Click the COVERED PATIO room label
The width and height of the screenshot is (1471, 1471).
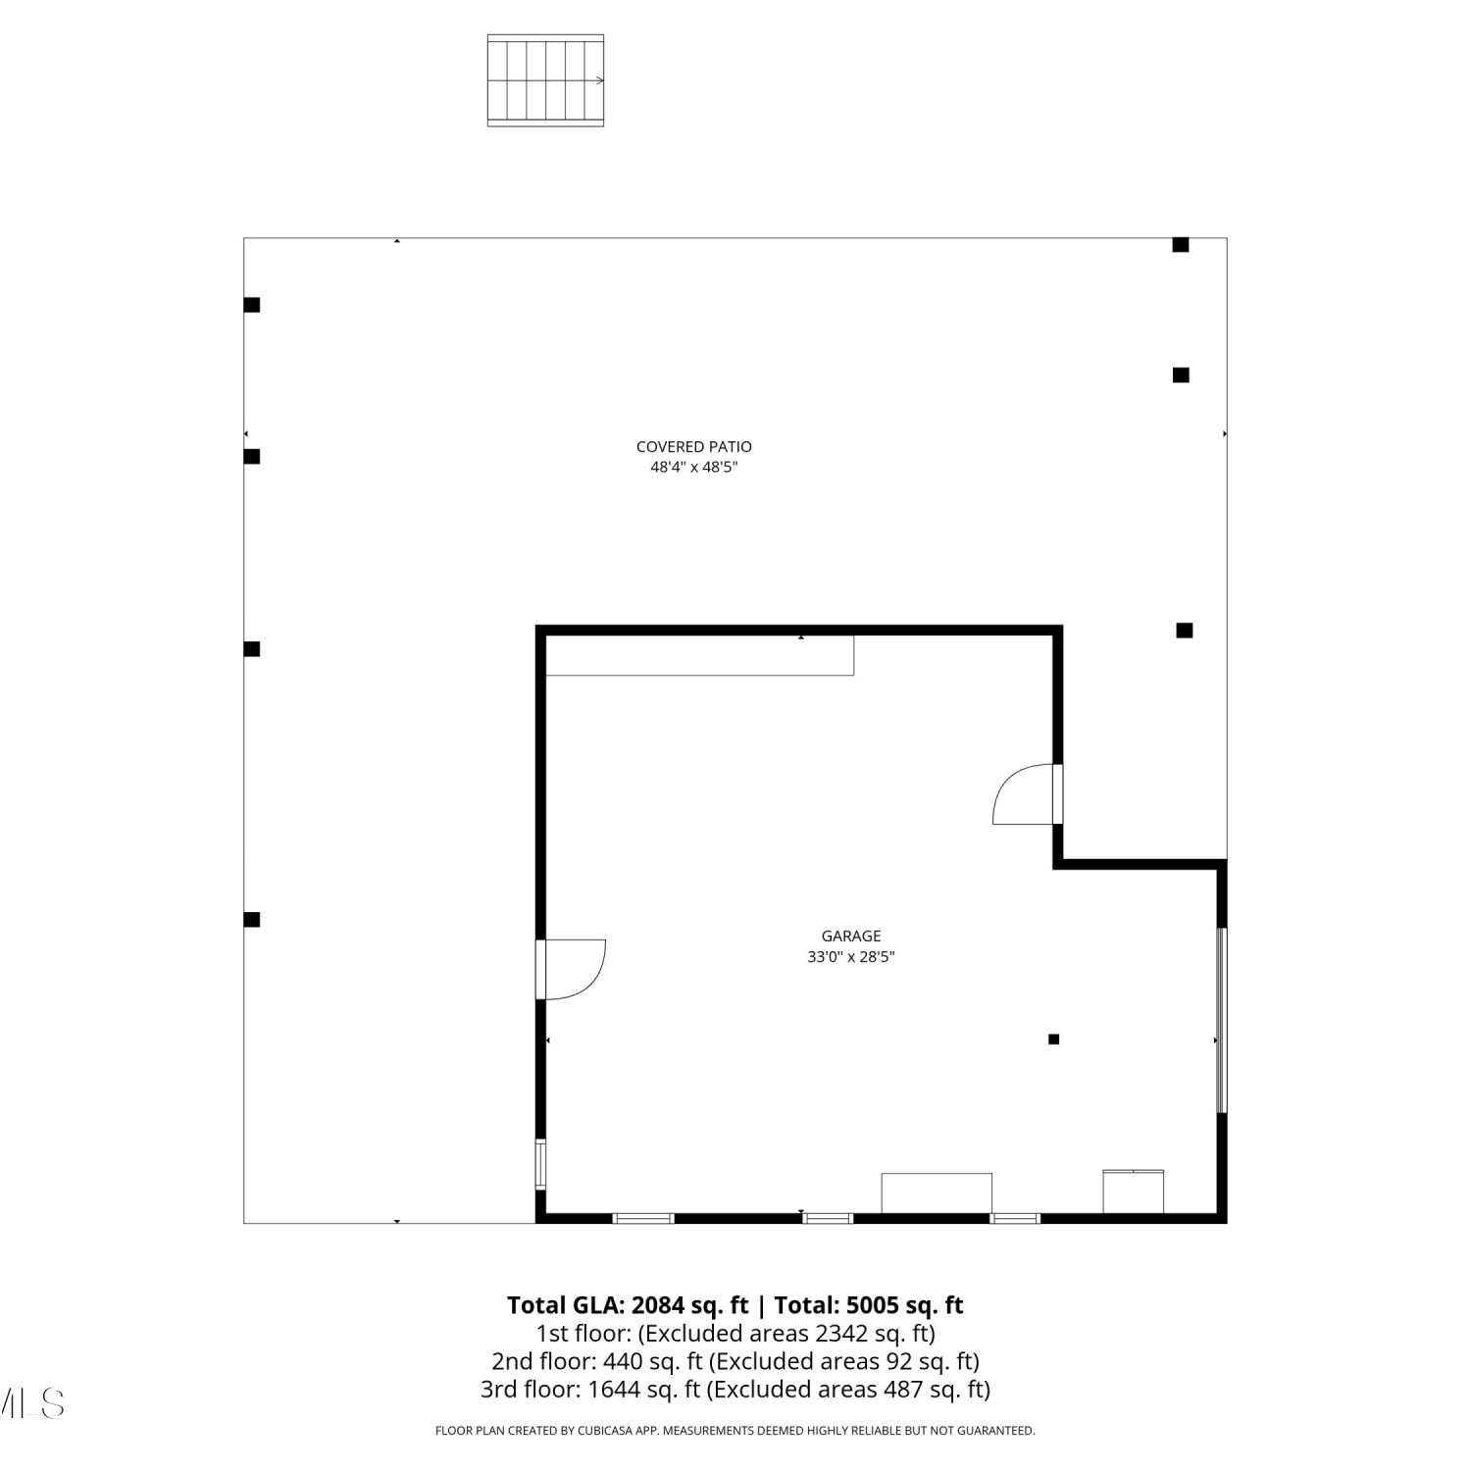tap(693, 446)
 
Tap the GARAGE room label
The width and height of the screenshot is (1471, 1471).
tap(851, 936)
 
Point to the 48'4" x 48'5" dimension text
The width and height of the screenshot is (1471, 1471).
tap(693, 468)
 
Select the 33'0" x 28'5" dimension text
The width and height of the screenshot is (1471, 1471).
tap(851, 957)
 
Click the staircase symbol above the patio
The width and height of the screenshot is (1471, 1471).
tap(545, 80)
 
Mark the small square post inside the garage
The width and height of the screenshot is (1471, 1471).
tap(1053, 1040)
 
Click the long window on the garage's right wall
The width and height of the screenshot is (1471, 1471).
tap(1221, 1020)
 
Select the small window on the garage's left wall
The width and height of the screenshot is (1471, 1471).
tap(540, 1164)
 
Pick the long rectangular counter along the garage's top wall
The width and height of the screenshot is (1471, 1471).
tap(699, 655)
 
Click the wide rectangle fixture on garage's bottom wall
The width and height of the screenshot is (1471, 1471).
tap(937, 1193)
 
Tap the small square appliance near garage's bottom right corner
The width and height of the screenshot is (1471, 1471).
tap(1134, 1192)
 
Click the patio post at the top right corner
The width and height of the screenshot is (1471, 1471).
tap(1181, 245)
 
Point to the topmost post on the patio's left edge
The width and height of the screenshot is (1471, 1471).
tap(252, 305)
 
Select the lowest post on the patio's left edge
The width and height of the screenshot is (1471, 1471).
tap(252, 920)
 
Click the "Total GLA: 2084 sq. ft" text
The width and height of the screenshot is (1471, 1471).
tap(628, 1305)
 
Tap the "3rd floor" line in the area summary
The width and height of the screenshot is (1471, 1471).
tap(735, 1390)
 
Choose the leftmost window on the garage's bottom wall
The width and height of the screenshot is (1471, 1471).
tap(643, 1218)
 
